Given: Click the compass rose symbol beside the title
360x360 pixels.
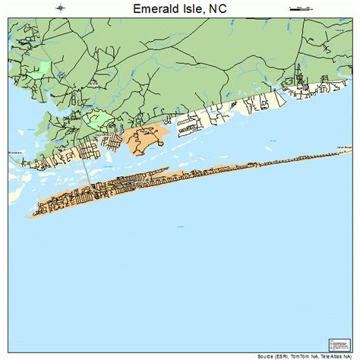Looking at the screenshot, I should click(60, 8).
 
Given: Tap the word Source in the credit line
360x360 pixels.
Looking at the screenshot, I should click(268, 356).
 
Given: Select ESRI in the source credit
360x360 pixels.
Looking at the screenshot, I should click(285, 356).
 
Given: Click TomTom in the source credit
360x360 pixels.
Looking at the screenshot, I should click(302, 356).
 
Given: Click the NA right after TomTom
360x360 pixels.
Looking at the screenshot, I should click(314, 356).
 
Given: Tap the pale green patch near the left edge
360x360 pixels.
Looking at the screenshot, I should click(44, 69).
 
